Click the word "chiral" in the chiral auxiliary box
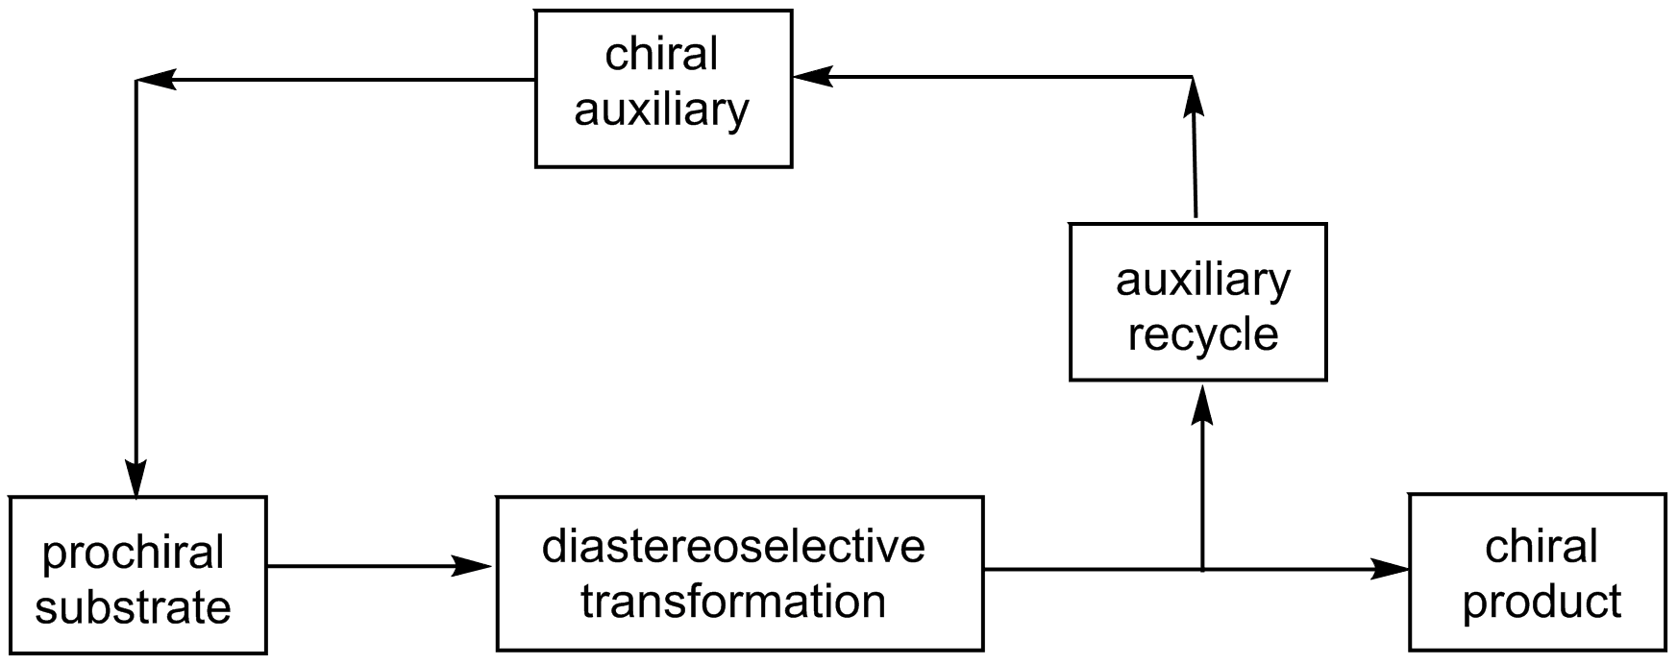(x=661, y=55)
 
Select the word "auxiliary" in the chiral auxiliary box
(x=661, y=111)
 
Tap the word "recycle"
(x=1202, y=335)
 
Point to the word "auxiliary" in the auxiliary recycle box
(x=1202, y=280)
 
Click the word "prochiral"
(x=134, y=554)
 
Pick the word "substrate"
(x=134, y=608)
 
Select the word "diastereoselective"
(x=733, y=546)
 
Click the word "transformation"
(x=733, y=602)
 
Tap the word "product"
(x=1541, y=603)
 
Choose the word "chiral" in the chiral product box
(x=1541, y=547)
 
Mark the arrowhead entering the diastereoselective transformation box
(x=474, y=567)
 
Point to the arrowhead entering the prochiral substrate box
(x=136, y=479)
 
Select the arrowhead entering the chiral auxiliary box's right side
(x=813, y=77)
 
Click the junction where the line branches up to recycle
(x=1202, y=569)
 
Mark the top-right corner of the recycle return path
(x=1193, y=77)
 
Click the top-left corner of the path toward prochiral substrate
(x=137, y=81)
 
